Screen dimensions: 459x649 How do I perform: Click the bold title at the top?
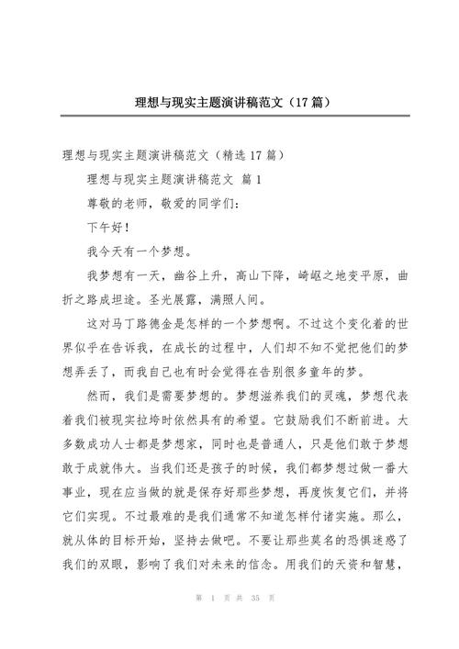tap(229, 101)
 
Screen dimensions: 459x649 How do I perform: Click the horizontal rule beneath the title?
tap(229, 117)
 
